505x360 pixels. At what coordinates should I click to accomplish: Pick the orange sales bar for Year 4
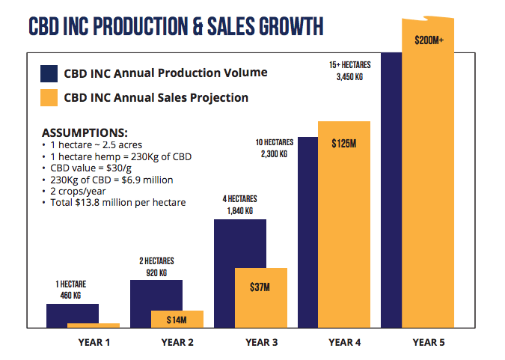pos(344,225)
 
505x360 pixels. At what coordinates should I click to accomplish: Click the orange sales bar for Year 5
pos(428,187)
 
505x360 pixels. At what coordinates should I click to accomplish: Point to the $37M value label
pos(260,287)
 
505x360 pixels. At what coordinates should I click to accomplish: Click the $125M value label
pos(343,142)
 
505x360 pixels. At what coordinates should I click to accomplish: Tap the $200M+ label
pos(429,40)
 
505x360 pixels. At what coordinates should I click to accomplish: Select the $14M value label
pos(177,320)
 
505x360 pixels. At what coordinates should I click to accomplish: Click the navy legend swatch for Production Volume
pos(49,73)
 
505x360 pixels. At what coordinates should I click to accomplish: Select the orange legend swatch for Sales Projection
pos(49,97)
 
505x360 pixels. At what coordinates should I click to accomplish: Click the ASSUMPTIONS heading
pos(85,131)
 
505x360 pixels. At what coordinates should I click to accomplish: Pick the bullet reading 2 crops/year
pos(79,192)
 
